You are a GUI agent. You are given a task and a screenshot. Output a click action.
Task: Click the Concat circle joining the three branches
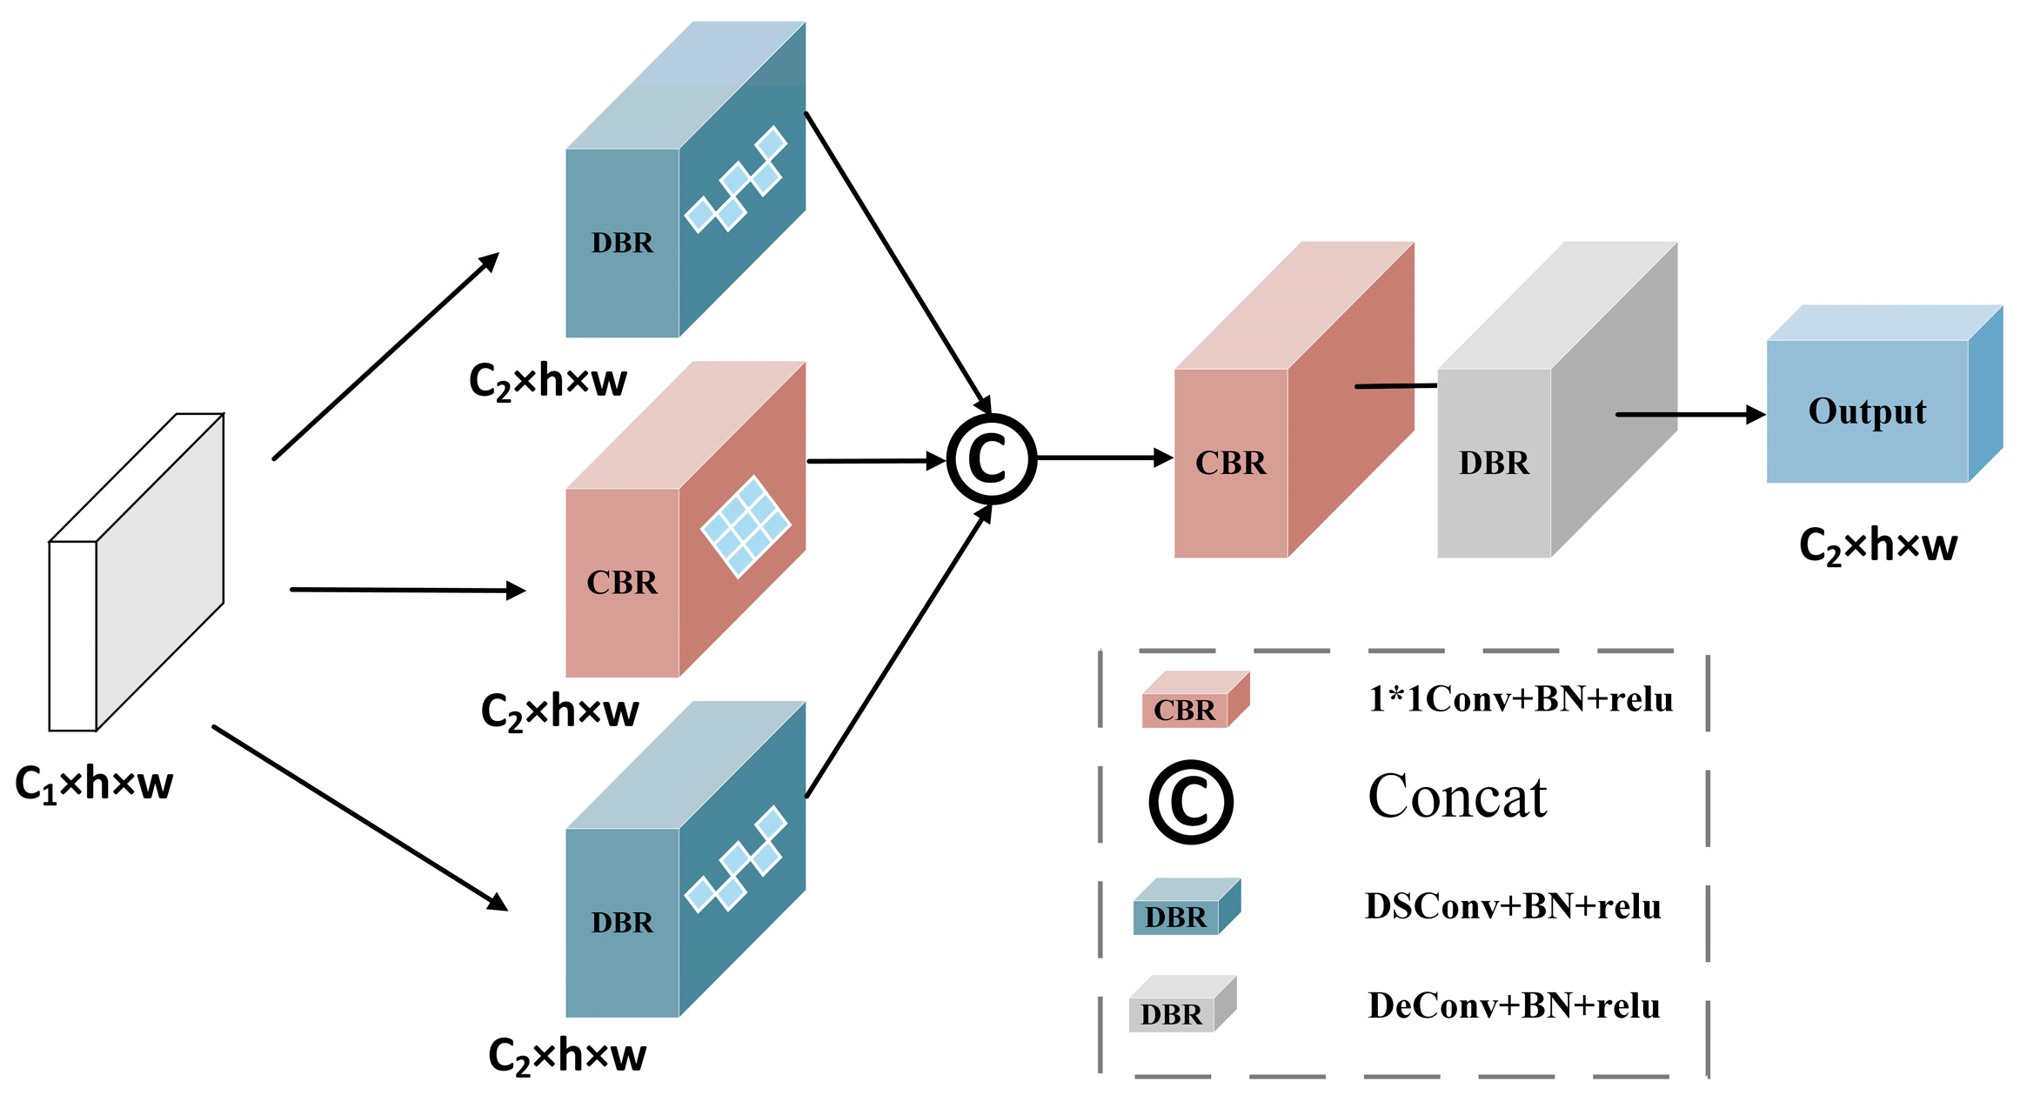click(x=991, y=458)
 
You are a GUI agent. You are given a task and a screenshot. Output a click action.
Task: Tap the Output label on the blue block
click(x=1867, y=411)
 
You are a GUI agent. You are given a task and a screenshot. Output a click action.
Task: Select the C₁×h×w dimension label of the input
click(x=94, y=784)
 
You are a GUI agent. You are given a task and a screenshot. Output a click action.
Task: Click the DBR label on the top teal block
click(x=622, y=243)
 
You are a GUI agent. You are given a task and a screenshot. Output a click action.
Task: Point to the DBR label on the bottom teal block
click(x=622, y=922)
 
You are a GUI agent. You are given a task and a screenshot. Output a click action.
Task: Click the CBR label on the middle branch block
click(x=622, y=582)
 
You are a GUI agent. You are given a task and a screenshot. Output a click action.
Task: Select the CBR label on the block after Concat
click(x=1230, y=463)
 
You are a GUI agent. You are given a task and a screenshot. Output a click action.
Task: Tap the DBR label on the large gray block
click(x=1494, y=463)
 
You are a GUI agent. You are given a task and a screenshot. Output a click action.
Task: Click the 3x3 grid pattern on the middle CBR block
click(x=746, y=526)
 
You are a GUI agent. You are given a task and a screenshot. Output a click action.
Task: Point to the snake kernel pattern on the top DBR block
click(x=736, y=180)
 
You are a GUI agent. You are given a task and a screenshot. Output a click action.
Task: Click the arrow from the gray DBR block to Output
click(x=1688, y=415)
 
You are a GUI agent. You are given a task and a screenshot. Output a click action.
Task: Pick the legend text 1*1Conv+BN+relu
click(x=1520, y=698)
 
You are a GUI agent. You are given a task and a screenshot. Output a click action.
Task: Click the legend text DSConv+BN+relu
click(x=1512, y=906)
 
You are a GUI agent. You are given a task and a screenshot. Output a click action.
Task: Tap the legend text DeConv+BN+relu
click(x=1513, y=1005)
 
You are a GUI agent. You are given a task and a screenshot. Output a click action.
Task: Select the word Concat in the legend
click(x=1457, y=797)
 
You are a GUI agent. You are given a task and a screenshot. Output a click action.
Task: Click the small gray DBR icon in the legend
click(x=1181, y=1005)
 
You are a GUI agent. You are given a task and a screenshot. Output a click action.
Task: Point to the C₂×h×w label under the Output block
click(x=1877, y=545)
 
